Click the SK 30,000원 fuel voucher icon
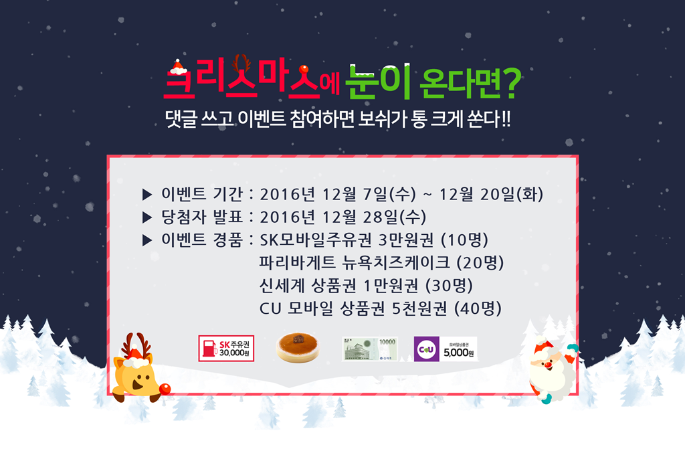(226, 348)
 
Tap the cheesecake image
(298, 347)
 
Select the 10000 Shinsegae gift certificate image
(369, 349)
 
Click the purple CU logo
(426, 349)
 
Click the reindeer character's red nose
(165, 389)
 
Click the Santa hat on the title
(178, 67)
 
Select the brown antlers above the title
(241, 64)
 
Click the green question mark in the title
(511, 83)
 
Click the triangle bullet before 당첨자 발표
(147, 217)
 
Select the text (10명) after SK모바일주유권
(464, 240)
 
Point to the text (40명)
(478, 308)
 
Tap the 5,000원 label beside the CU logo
(458, 353)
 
